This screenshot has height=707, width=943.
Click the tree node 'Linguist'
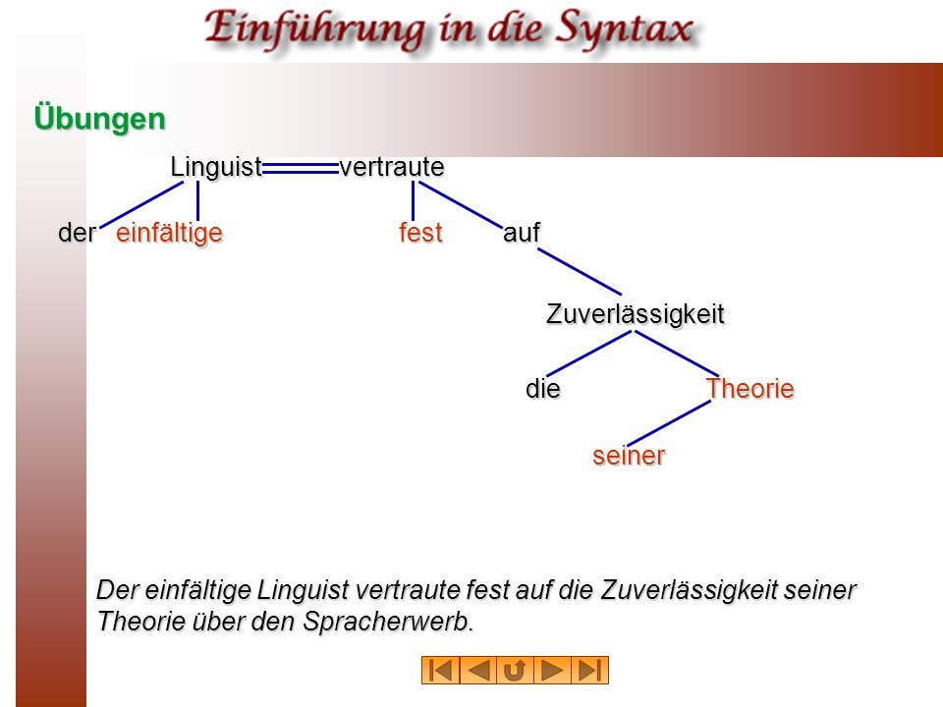[x=216, y=167]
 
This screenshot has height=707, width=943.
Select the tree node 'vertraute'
[x=392, y=167]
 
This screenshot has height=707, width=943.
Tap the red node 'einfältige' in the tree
[x=169, y=234]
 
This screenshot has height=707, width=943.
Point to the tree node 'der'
[x=77, y=234]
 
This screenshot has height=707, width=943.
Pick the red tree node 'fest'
[x=421, y=233]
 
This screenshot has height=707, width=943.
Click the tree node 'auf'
[x=522, y=233]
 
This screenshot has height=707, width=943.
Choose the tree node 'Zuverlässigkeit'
[x=636, y=314]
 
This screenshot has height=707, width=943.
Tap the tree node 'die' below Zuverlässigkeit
[x=543, y=389]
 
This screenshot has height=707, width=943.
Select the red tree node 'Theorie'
[x=749, y=389]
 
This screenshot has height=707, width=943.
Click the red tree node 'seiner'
[x=629, y=456]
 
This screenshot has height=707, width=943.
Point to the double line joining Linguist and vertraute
[x=301, y=168]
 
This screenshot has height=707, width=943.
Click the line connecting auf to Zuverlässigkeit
[x=580, y=272]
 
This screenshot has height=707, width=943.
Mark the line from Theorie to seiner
[x=669, y=423]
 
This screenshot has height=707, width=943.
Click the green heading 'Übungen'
[x=100, y=118]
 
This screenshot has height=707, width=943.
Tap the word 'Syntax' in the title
[x=625, y=29]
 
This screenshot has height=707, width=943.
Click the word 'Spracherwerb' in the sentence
[x=388, y=621]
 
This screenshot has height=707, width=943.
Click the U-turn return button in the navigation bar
[x=515, y=671]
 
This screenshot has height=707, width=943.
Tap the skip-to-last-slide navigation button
[x=590, y=671]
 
